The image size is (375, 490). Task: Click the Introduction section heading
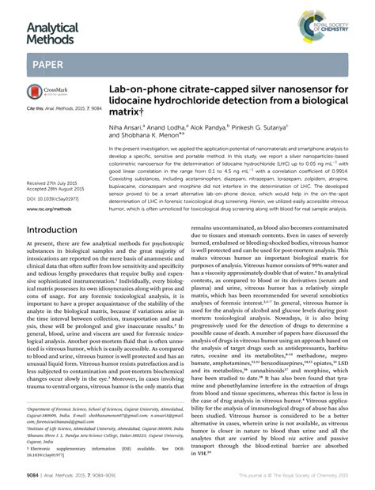58,230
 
